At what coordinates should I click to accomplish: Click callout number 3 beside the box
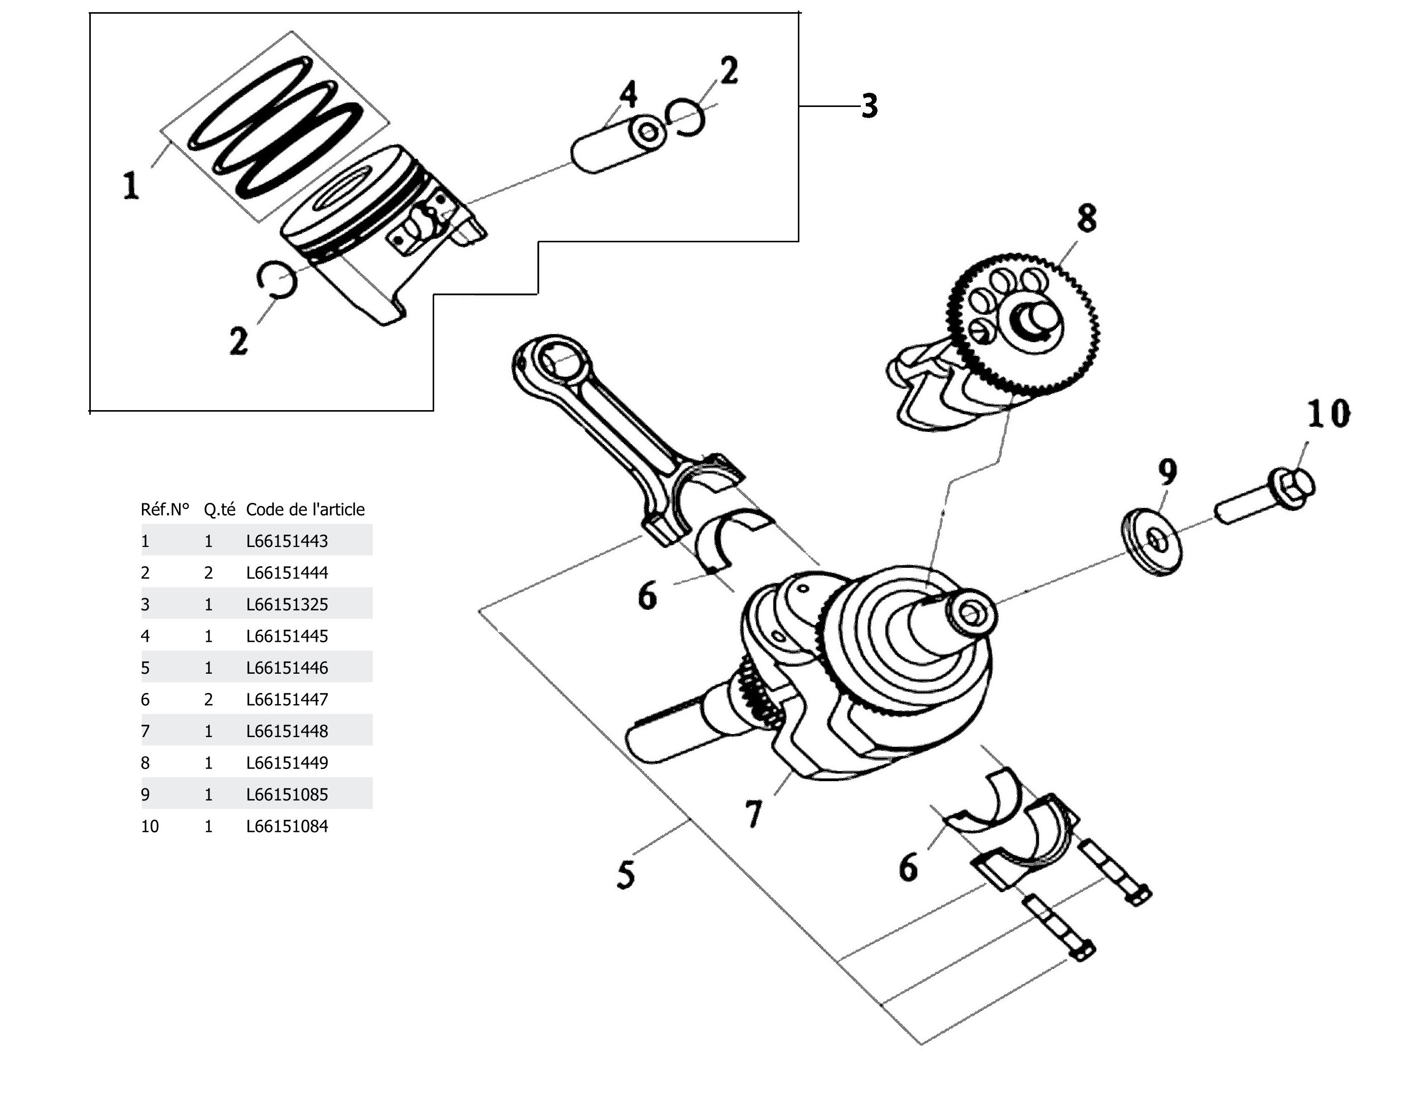click(869, 105)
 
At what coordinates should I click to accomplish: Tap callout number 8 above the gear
click(1086, 218)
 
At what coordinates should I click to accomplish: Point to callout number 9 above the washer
click(1168, 472)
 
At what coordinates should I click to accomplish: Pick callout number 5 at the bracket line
click(626, 874)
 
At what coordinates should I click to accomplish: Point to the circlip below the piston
click(276, 280)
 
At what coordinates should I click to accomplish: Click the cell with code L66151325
click(287, 604)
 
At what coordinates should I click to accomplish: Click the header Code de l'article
click(305, 509)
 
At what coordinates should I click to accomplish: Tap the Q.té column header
click(219, 509)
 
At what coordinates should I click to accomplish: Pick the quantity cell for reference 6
click(208, 700)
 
